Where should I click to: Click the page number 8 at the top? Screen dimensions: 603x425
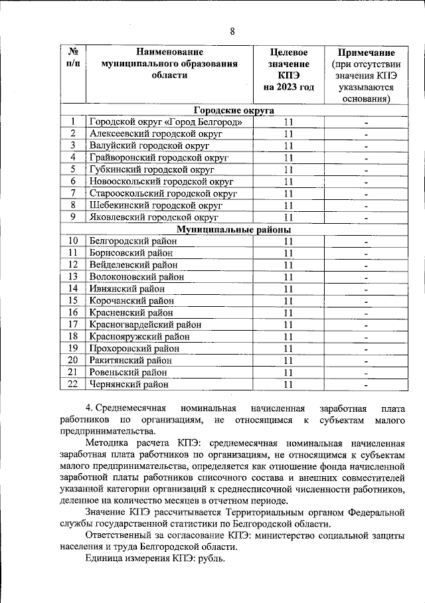click(232, 31)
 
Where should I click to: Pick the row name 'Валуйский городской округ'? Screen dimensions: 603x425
click(145, 146)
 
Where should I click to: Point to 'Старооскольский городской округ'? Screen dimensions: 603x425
click(159, 193)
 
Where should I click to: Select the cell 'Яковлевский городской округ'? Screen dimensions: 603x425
click(153, 217)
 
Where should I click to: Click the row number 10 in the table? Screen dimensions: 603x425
click(73, 241)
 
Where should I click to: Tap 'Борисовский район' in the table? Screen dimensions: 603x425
click(133, 253)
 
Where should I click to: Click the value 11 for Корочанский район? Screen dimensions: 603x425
click(288, 301)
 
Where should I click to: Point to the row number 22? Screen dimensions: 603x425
click(73, 384)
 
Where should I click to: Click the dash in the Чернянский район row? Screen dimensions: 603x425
click(365, 385)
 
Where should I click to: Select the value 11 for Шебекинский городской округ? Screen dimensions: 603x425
click(288, 205)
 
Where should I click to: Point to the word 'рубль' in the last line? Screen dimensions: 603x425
click(211, 559)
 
